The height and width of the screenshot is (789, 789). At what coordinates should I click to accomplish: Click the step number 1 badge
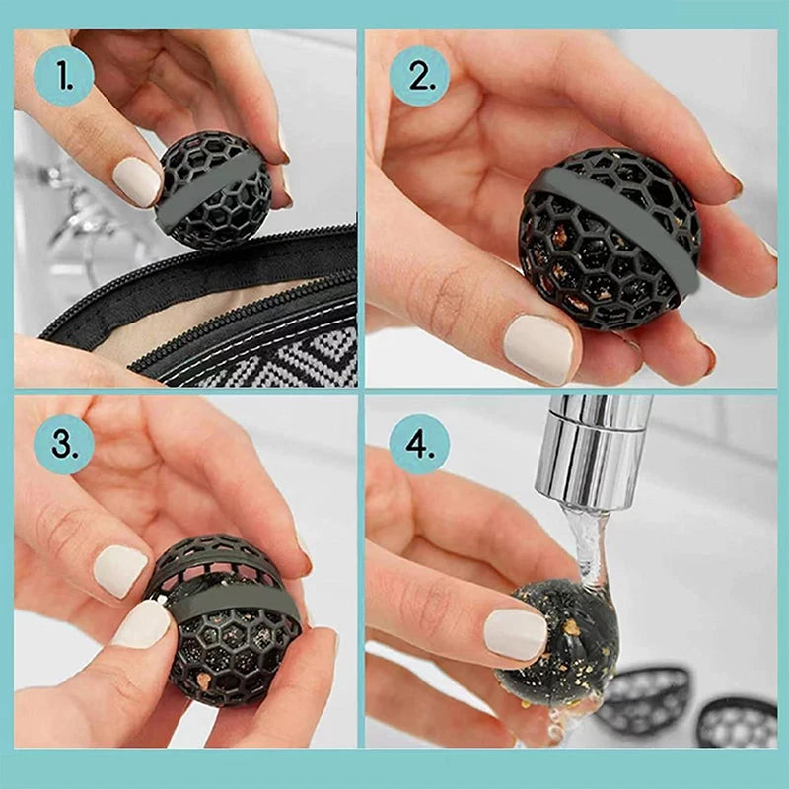pos(63,76)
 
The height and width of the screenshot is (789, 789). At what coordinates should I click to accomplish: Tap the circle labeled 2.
pos(419,76)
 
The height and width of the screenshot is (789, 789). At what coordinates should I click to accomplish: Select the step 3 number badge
pos(63,445)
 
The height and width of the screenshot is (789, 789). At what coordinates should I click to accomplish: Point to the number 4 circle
pos(419,445)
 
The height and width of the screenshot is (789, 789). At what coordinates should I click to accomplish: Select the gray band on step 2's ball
pos(611,212)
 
